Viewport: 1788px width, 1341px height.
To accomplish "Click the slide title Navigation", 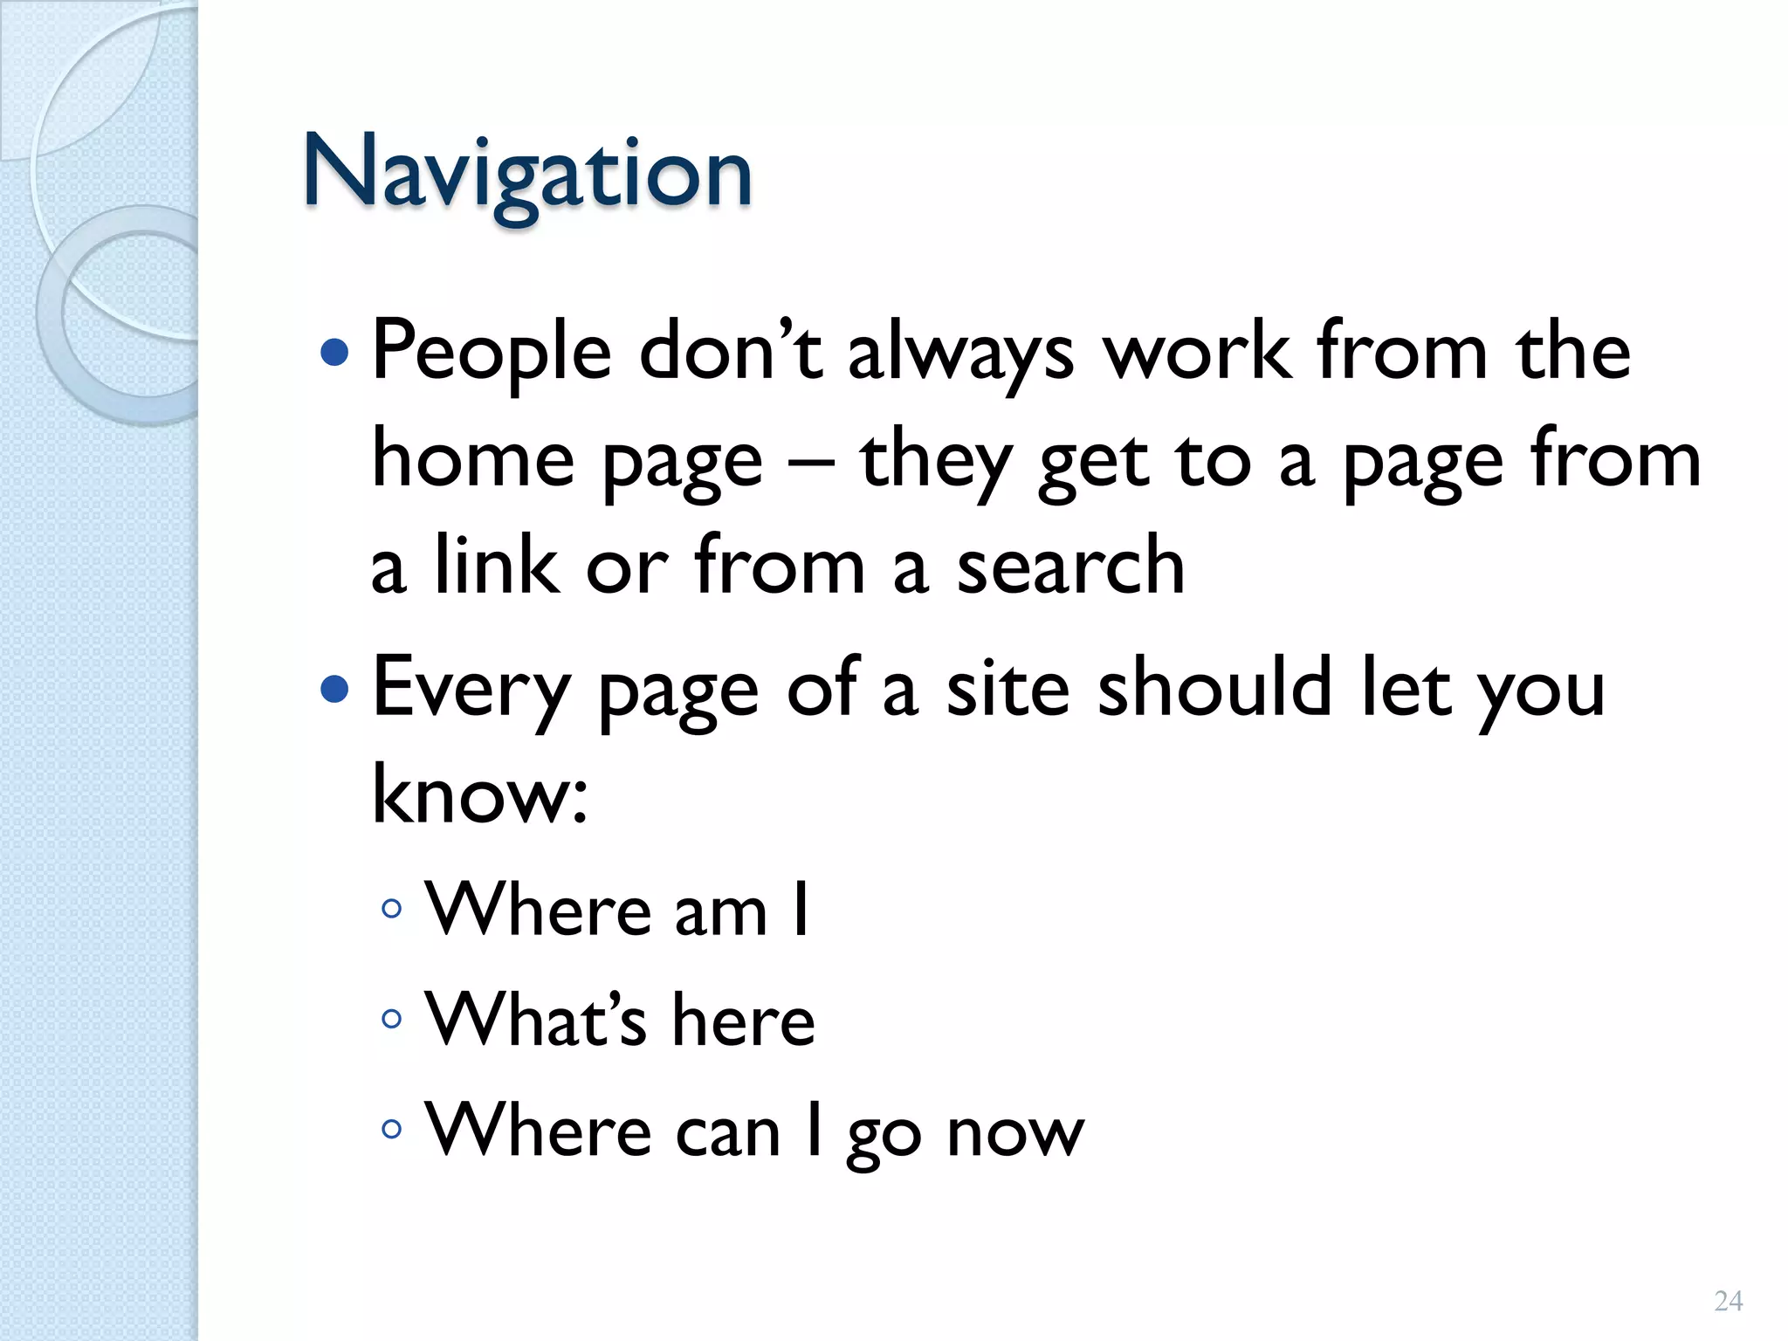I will [526, 174].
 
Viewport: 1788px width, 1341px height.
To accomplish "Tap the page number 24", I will [1728, 1301].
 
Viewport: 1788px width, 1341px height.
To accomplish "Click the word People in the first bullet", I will [492, 352].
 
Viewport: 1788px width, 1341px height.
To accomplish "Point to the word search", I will [1070, 567].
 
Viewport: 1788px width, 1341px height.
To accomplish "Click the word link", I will [496, 567].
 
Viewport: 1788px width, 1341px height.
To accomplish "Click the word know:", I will [479, 794].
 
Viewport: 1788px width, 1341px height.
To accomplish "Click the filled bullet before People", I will [334, 353].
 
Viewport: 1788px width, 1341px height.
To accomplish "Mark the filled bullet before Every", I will [334, 690].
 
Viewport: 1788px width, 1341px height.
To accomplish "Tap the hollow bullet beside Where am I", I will [392, 909].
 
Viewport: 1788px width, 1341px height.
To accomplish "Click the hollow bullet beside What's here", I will [392, 1018].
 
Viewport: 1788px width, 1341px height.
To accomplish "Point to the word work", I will [1197, 352].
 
